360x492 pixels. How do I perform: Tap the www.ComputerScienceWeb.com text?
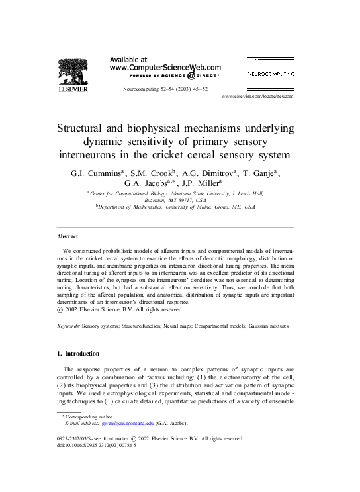[x=165, y=68]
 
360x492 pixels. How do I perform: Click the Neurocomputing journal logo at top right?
[x=271, y=74]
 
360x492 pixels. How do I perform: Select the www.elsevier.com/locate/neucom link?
[x=257, y=97]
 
